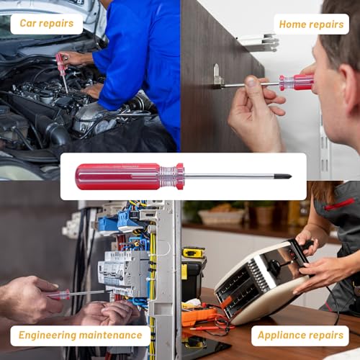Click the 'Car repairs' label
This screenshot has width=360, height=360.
(47, 24)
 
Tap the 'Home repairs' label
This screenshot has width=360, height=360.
(312, 24)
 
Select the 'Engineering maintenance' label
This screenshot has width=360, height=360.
(81, 336)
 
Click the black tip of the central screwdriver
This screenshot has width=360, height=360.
(286, 176)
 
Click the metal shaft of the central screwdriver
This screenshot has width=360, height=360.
(230, 176)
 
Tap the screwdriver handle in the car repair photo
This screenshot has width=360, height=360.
(60, 64)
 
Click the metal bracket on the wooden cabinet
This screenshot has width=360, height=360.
(217, 76)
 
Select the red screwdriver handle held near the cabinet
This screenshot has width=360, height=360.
(297, 83)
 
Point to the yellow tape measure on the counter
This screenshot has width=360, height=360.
(193, 253)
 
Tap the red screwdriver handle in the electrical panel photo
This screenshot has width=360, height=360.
(59, 294)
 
